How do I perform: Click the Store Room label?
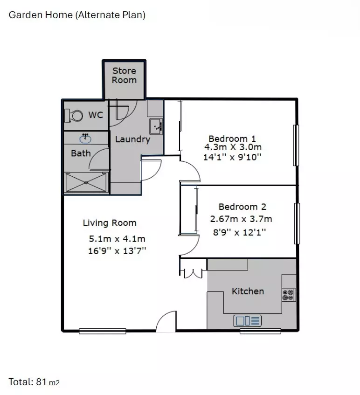pos(124,76)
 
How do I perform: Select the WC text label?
pos(96,115)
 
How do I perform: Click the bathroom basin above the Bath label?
pos(85,138)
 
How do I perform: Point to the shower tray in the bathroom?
pos(87,182)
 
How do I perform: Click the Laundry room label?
pos(132,139)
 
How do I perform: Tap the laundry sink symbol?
pos(155,126)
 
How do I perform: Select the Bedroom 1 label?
pos(232,139)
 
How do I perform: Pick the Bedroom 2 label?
pos(242,207)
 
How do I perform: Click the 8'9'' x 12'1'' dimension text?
pos(239,232)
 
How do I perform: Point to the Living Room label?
pos(110,223)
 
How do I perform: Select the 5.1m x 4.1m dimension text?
pos(117,239)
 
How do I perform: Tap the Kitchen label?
pos(248,291)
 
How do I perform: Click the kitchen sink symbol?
pos(248,321)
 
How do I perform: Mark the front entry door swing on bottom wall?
pos(166,323)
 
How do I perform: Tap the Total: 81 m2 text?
pos(34,382)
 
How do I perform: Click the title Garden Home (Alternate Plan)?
pos(77,15)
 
